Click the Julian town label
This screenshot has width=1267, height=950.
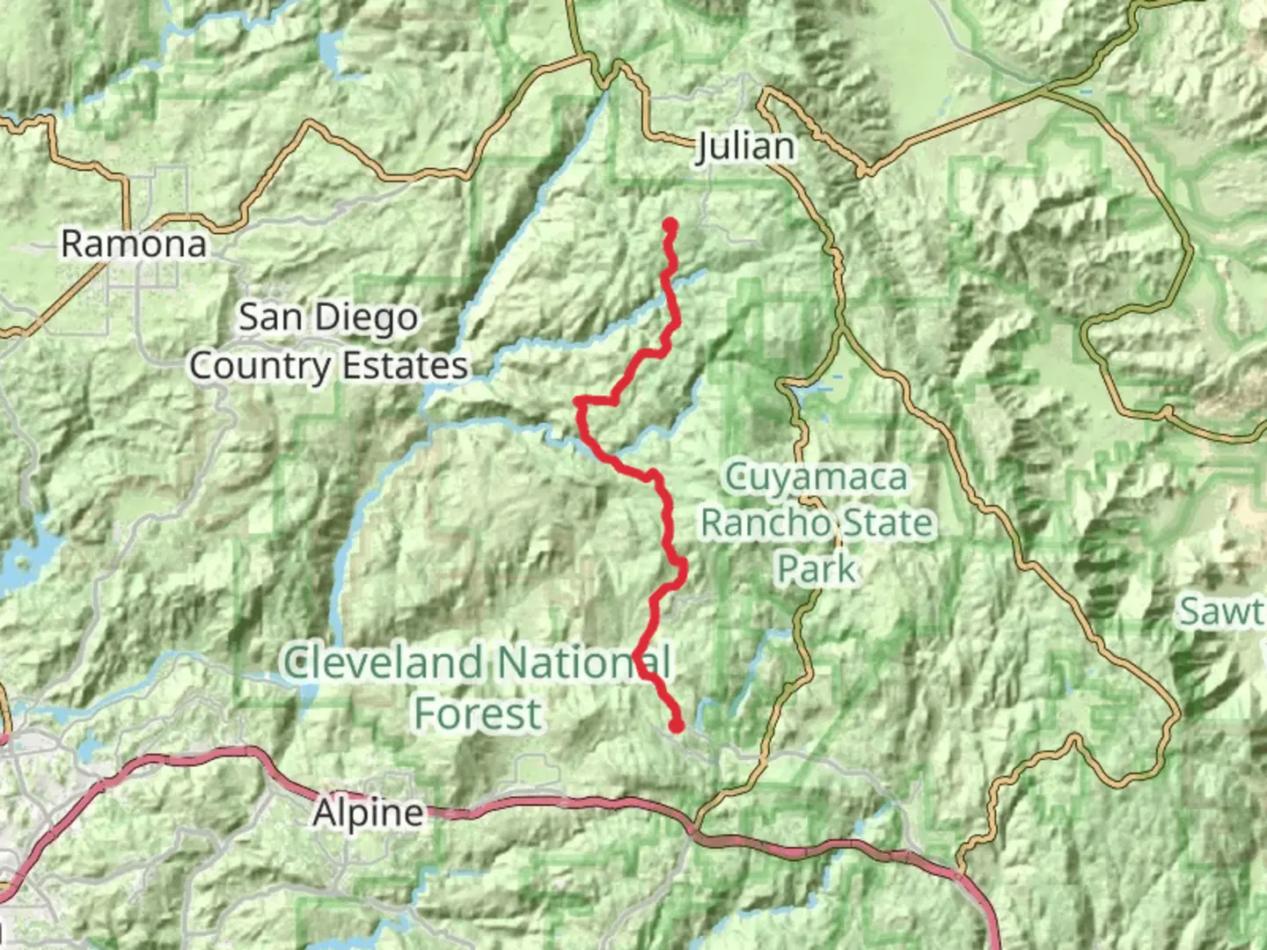click(x=744, y=146)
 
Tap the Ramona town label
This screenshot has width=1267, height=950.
click(x=134, y=244)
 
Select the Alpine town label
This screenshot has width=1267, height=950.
click(x=368, y=813)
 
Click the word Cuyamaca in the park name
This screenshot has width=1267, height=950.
click(x=816, y=478)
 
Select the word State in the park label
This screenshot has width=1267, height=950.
click(x=888, y=523)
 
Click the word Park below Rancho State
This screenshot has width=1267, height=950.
click(x=816, y=569)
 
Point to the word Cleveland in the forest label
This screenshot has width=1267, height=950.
click(x=383, y=662)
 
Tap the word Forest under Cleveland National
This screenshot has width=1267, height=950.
click(x=478, y=713)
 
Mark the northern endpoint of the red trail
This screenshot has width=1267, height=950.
click(x=670, y=225)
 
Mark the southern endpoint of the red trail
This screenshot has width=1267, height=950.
click(x=677, y=726)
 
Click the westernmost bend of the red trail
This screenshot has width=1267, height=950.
click(x=578, y=403)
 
